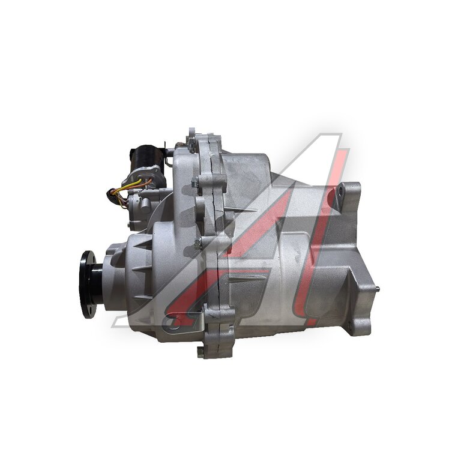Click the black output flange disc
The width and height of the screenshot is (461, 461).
87,285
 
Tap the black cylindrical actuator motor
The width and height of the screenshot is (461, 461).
145,158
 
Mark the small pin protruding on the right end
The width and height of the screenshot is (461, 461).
378,289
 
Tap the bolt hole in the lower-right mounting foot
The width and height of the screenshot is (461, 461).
349,325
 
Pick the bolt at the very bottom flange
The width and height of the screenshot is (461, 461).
200,352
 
